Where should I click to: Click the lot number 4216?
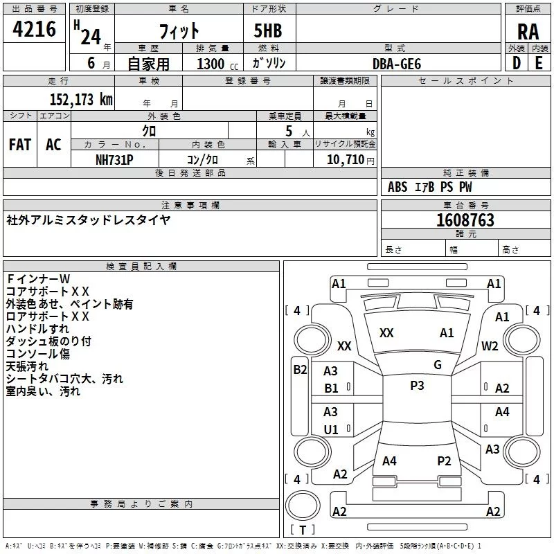tap(35, 30)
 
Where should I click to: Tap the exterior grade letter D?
tap(516, 62)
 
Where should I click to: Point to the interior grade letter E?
tap(539, 62)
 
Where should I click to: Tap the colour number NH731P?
tap(114, 159)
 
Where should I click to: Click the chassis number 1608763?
tap(465, 220)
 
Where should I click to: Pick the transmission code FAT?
tap(20, 144)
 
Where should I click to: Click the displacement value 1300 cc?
tap(217, 64)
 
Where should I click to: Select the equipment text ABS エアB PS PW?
tap(431, 187)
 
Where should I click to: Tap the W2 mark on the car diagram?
tap(490, 346)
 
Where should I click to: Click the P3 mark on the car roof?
tap(417, 386)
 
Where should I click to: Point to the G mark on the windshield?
tap(437, 364)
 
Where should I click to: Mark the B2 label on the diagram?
tap(300, 370)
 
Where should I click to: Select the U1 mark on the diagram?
tap(331, 429)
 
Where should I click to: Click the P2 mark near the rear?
tap(444, 461)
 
